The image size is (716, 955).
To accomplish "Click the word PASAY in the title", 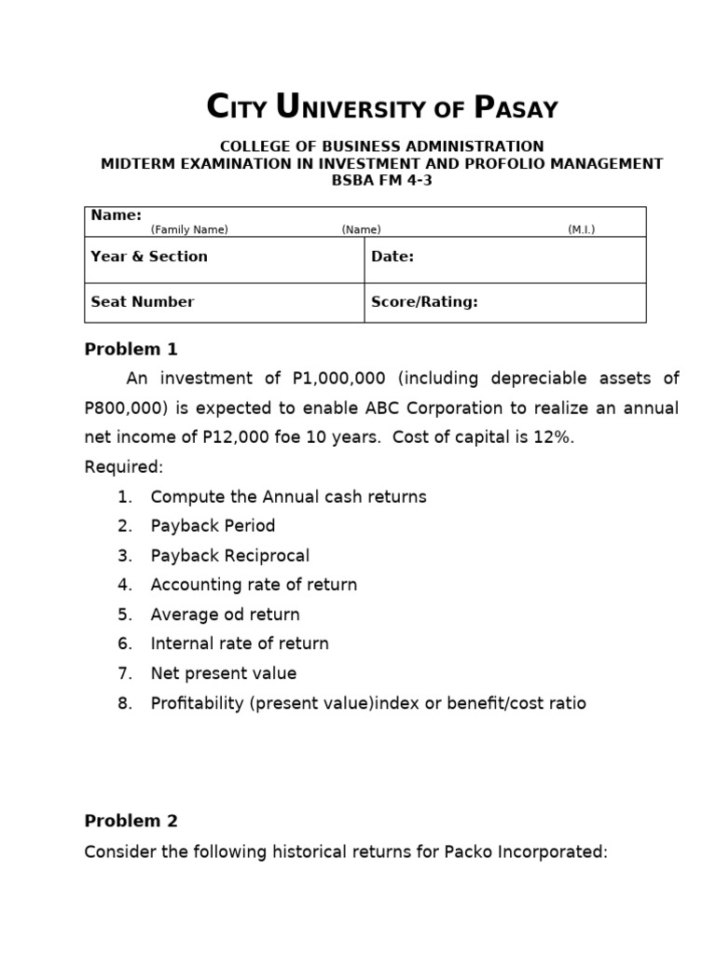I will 516,108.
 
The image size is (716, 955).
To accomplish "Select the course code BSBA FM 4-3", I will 382,180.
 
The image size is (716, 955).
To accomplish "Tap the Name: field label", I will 116,215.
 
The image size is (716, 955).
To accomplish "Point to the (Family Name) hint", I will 189,229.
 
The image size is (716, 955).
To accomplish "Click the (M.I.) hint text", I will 581,229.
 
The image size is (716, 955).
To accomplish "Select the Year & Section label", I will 149,256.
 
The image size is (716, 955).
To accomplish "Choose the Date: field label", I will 392,256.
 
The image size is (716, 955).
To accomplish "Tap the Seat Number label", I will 143,301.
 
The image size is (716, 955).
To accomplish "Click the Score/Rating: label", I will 424,301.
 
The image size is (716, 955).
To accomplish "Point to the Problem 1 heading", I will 131,350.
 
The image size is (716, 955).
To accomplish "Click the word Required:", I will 124,466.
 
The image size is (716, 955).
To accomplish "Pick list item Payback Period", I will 213,526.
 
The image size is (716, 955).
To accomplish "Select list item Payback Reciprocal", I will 230,556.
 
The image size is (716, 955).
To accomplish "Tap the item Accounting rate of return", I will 254,585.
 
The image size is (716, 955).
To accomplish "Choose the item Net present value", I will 224,673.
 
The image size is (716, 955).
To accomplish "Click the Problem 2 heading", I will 131,821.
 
